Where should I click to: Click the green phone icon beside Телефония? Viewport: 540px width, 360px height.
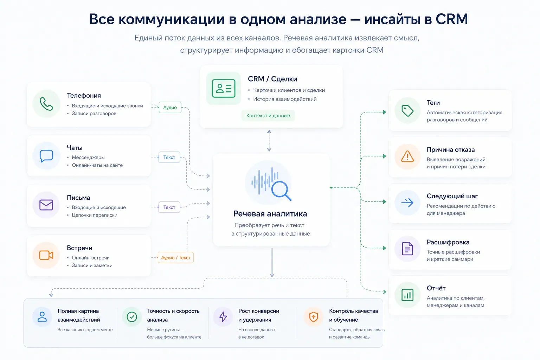(x=46, y=104)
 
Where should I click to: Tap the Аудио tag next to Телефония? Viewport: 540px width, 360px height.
(x=170, y=107)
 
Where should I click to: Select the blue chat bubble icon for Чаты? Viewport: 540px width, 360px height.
(x=46, y=156)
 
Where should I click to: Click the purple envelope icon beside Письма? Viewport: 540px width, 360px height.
(x=46, y=205)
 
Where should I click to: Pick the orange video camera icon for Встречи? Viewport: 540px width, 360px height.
(x=46, y=255)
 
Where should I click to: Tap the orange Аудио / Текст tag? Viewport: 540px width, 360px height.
(x=176, y=258)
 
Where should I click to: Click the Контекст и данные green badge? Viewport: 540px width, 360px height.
(x=268, y=116)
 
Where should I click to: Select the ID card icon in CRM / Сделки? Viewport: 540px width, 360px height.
(x=224, y=88)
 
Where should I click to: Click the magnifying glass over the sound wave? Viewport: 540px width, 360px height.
(x=281, y=191)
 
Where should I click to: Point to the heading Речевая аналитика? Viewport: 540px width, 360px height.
(x=270, y=214)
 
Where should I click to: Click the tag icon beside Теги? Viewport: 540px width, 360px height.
(x=407, y=111)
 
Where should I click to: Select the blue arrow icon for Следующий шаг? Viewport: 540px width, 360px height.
(x=407, y=202)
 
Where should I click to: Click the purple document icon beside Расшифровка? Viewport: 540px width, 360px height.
(x=407, y=249)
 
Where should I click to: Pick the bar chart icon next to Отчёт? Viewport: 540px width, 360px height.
(x=407, y=295)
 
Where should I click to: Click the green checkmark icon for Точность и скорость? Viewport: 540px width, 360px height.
(x=132, y=317)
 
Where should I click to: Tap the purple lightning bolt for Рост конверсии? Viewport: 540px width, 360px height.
(x=223, y=317)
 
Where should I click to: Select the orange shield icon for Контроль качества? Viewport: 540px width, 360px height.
(x=313, y=317)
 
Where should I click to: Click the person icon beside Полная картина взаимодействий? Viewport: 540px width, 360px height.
(x=42, y=317)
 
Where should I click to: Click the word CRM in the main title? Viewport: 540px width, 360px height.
(x=451, y=19)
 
